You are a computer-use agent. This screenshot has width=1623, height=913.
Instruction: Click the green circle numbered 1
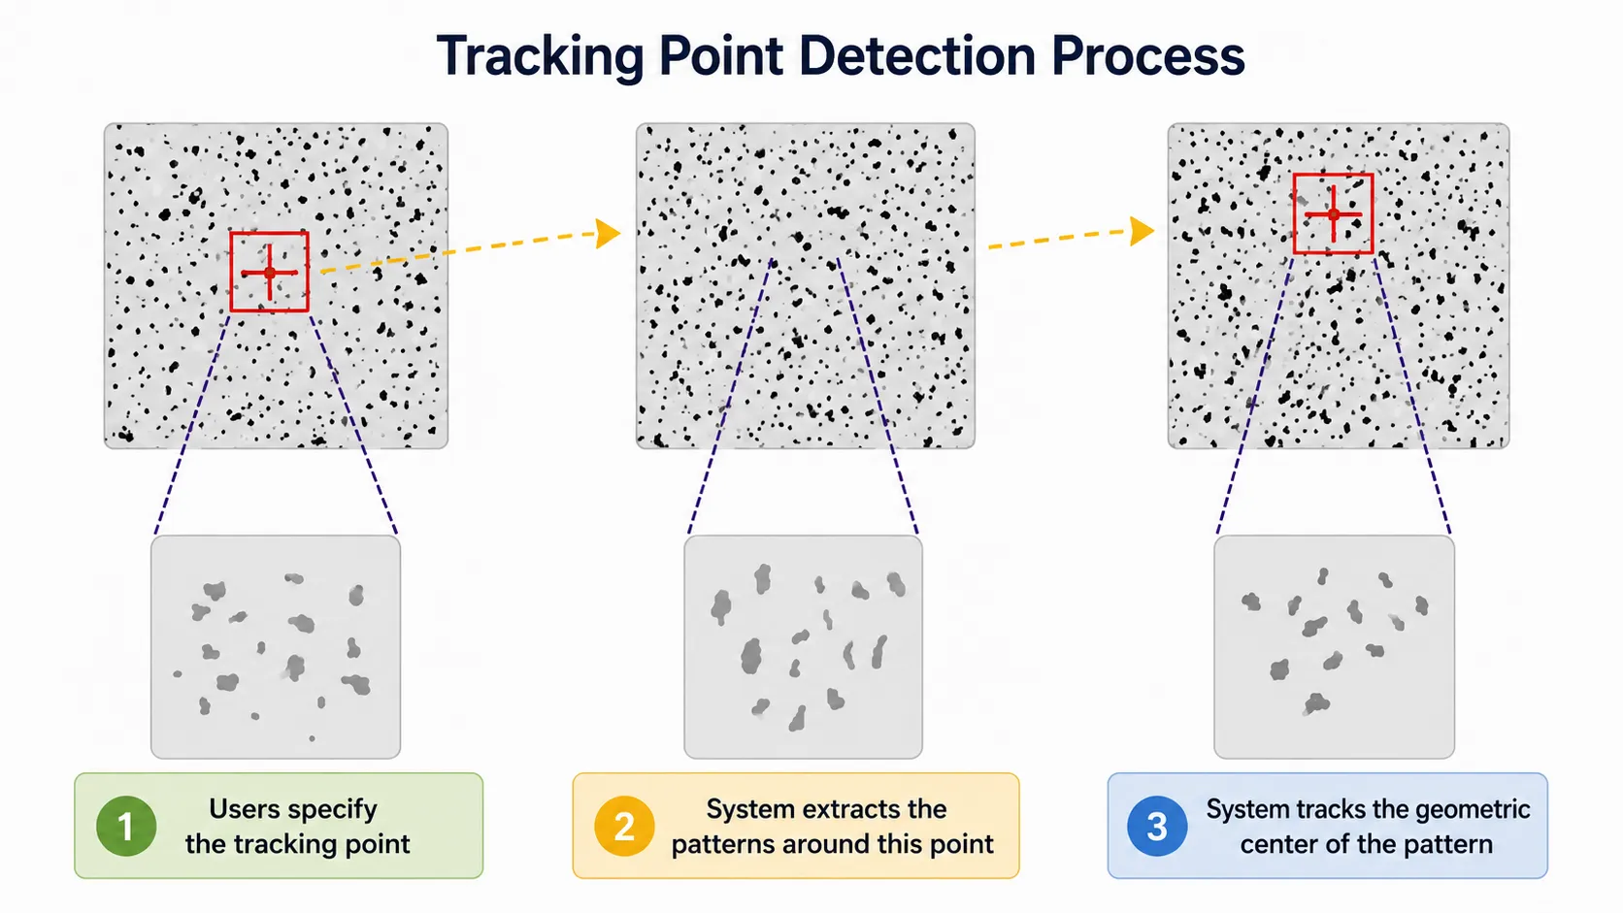[126, 826]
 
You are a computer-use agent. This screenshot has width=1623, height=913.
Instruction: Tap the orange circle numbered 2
[624, 826]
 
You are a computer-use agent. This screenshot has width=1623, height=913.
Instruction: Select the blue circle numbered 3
[1157, 826]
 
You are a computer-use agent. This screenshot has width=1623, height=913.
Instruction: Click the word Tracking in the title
[540, 56]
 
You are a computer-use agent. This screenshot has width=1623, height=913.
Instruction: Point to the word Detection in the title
[917, 55]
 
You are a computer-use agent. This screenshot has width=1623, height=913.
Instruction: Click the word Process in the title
[1147, 55]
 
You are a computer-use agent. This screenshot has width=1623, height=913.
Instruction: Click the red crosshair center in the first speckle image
[270, 273]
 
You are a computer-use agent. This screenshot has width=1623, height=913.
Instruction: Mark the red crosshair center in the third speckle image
[1333, 214]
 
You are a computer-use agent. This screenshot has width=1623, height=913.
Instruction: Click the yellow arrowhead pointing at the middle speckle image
[608, 233]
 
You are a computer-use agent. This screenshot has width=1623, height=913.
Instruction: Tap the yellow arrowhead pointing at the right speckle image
[1142, 231]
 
